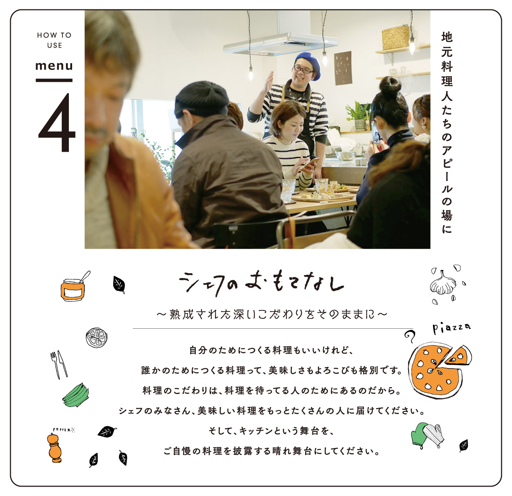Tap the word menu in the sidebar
pos(54,66)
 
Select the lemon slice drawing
pos(97,338)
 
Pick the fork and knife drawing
pos(59,364)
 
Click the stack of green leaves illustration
pos(76,395)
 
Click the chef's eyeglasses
pos(303,70)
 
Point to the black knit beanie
pos(201,99)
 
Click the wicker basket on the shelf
pos(396,37)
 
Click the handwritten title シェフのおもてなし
pos(261,283)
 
